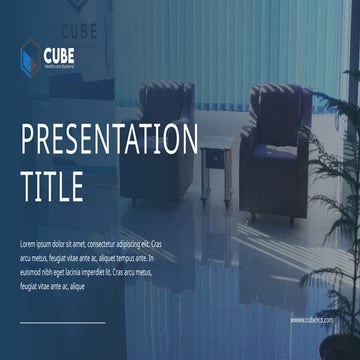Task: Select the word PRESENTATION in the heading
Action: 109,140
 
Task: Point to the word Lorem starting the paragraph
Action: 29,243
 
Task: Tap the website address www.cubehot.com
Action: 312,320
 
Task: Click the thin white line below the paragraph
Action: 62,322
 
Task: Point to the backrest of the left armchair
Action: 166,102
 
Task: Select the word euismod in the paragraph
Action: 32,271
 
